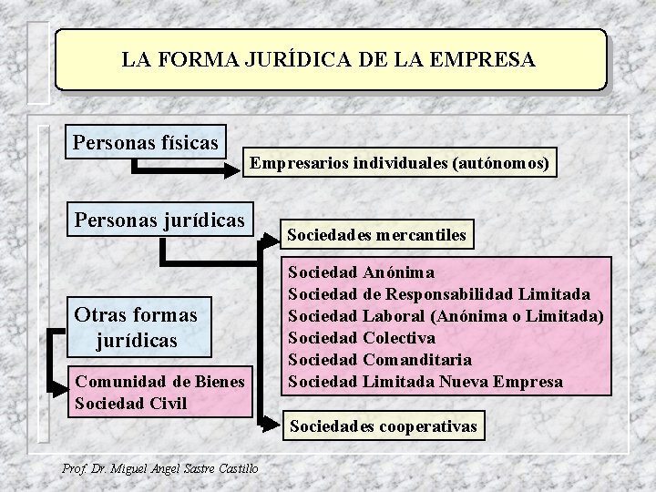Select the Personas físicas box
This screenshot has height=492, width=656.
(x=146, y=143)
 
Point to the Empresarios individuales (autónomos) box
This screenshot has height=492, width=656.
(x=399, y=164)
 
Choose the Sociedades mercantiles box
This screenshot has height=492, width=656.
(x=376, y=235)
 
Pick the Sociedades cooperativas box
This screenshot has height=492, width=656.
(x=383, y=425)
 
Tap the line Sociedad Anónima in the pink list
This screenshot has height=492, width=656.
(x=361, y=272)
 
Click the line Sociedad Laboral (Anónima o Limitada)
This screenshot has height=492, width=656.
(x=445, y=316)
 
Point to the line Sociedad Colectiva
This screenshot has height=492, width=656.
(x=362, y=338)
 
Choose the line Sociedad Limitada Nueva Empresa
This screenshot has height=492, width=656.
(x=425, y=382)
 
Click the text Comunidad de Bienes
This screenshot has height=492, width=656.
(x=159, y=383)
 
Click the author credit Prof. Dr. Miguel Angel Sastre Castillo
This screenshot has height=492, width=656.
(x=159, y=468)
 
